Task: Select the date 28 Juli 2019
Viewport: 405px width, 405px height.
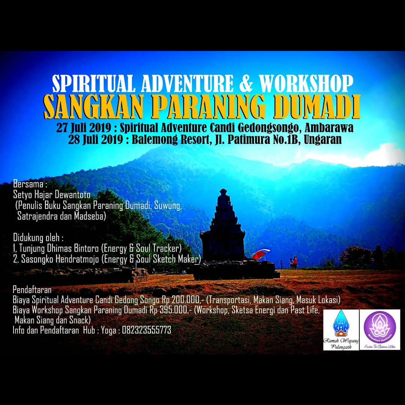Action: [96, 140]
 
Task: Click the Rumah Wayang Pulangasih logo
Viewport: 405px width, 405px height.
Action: [341, 330]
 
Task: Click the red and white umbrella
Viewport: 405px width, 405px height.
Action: [261, 254]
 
